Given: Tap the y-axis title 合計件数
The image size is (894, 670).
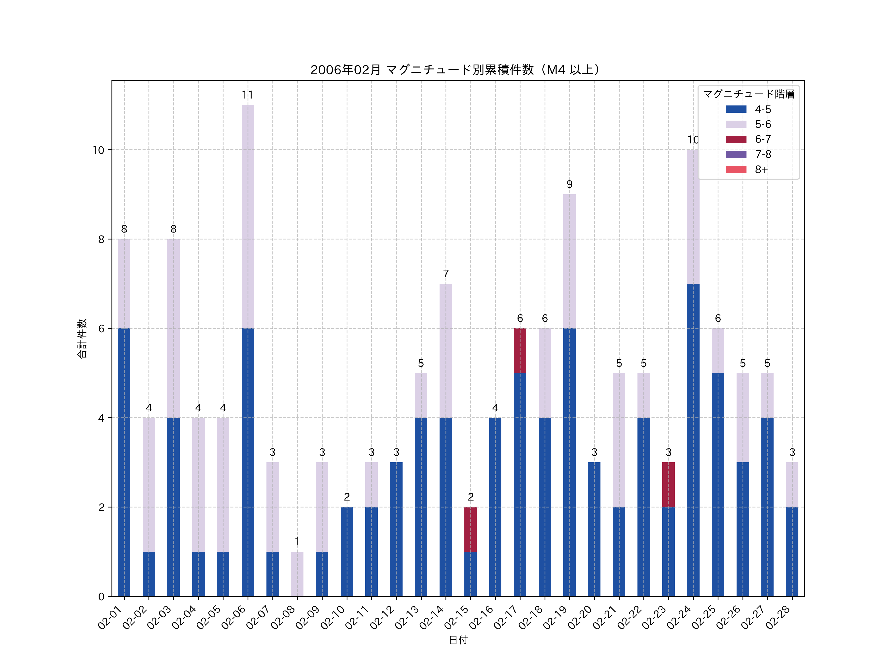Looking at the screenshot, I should pyautogui.click(x=82, y=338).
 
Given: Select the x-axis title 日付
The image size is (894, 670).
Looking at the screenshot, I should pyautogui.click(x=458, y=640).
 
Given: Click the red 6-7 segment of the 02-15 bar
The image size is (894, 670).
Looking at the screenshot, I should pyautogui.click(x=470, y=529).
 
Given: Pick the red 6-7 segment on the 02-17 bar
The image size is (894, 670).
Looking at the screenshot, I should pyautogui.click(x=520, y=351).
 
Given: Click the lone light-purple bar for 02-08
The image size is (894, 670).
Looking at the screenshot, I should pyautogui.click(x=297, y=573).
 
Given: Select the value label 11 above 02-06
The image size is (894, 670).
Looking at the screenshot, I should pyautogui.click(x=247, y=95).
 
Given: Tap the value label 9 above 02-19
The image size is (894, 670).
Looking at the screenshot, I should pyautogui.click(x=569, y=185).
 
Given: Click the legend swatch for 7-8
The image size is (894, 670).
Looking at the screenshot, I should pyautogui.click(x=736, y=154).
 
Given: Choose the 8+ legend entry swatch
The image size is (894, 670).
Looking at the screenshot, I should pyautogui.click(x=736, y=169).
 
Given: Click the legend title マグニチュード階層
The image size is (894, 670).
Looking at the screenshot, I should pyautogui.click(x=748, y=94).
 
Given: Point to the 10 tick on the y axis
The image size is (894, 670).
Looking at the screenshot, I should pyautogui.click(x=98, y=150).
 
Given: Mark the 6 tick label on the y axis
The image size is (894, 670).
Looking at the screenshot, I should pyautogui.click(x=101, y=329).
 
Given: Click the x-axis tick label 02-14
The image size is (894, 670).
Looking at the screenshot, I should pyautogui.click(x=432, y=618).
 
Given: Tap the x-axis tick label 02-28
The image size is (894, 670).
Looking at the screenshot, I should pyautogui.click(x=779, y=618).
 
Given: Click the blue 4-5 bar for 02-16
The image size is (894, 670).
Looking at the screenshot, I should pyautogui.click(x=495, y=507).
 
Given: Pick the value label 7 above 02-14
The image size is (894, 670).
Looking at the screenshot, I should pyautogui.click(x=446, y=274).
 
